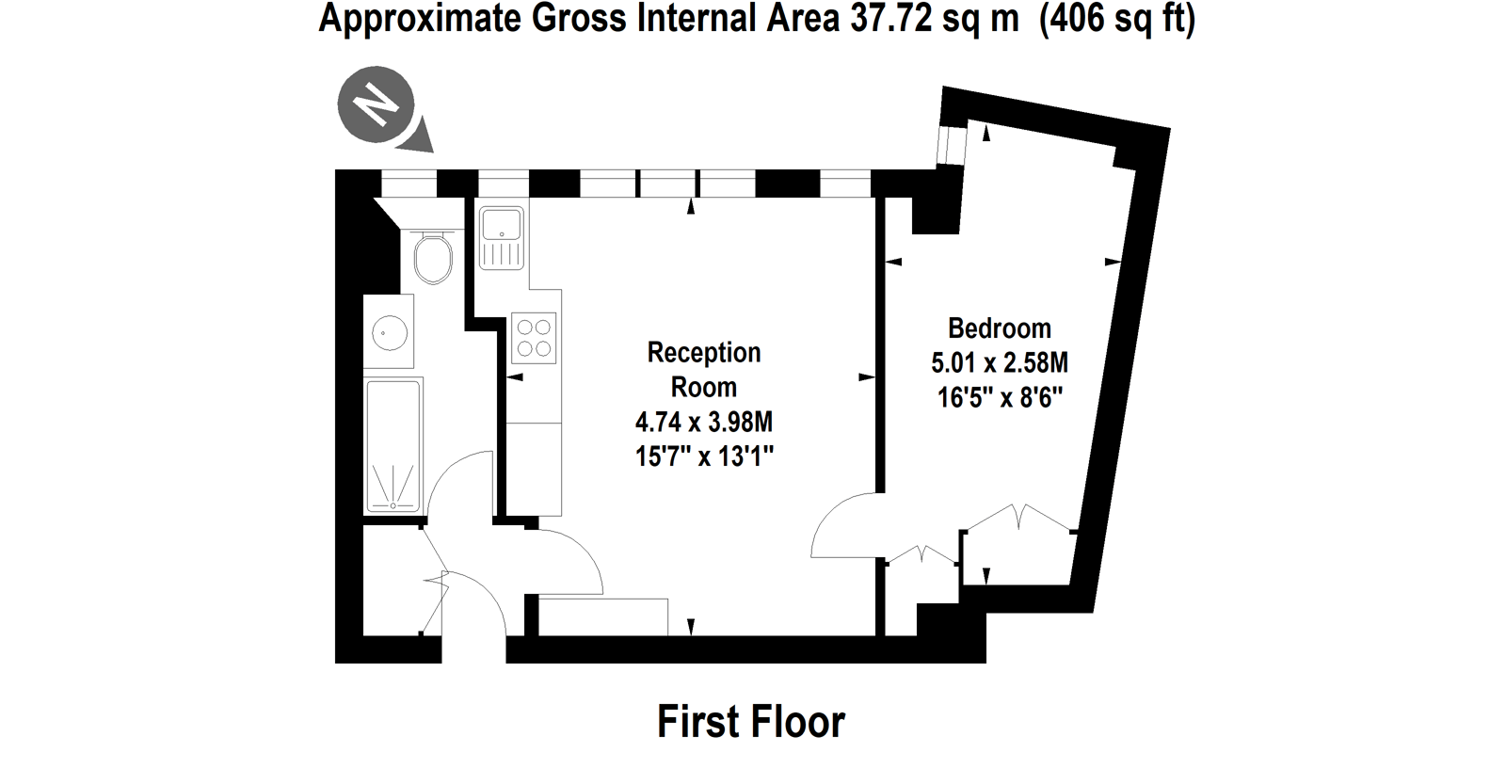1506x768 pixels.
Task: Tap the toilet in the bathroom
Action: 433,257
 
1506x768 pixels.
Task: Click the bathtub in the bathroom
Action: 393,444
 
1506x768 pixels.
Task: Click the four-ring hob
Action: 534,338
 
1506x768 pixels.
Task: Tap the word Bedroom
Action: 999,328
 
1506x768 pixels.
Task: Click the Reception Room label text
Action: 704,370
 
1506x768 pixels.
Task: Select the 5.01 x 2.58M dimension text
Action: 999,363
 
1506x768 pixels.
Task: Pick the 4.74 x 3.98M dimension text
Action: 704,423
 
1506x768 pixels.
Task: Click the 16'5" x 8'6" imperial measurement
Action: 1000,398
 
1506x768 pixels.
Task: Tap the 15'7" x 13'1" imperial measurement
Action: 704,457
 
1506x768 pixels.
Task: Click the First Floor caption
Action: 751,722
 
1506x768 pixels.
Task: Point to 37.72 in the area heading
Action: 890,18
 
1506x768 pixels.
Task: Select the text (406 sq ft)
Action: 1117,19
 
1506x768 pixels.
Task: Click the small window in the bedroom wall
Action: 952,145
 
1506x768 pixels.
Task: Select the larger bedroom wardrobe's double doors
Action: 1019,517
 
